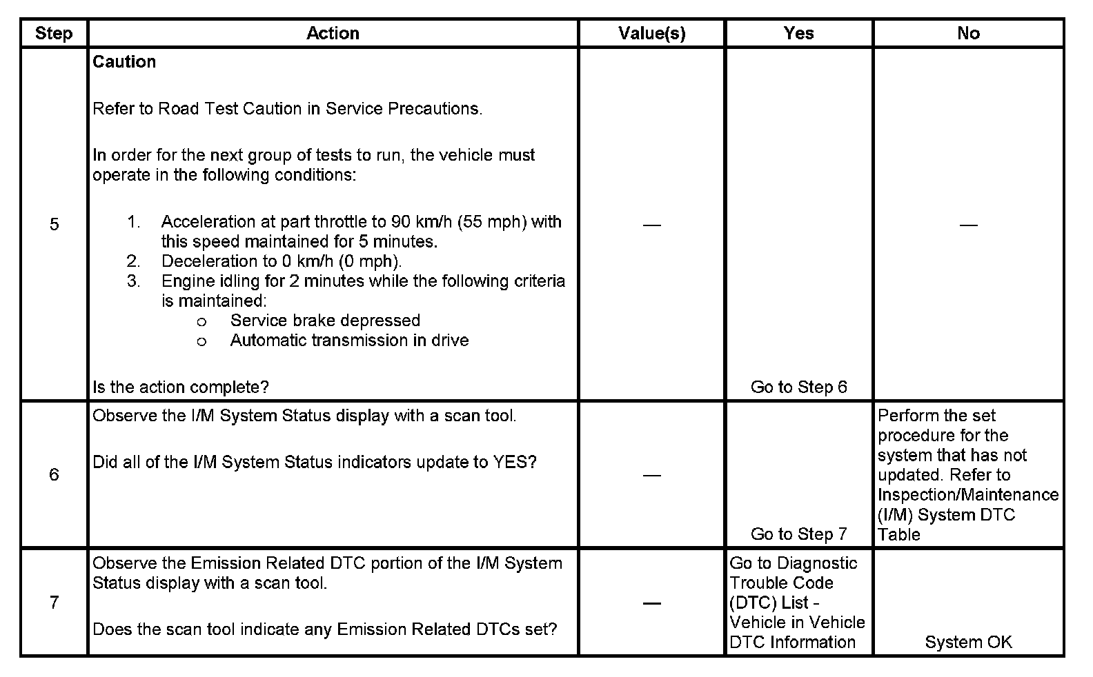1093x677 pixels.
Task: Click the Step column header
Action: [54, 33]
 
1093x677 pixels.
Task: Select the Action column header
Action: [333, 33]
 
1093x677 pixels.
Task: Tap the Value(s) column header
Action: [651, 33]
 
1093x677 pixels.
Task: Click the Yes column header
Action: [798, 33]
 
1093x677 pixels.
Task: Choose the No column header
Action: [968, 33]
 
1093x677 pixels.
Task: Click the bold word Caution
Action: [124, 62]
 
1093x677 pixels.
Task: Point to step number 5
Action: [54, 224]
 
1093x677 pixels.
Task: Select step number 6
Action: [54, 474]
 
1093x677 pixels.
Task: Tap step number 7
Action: [54, 603]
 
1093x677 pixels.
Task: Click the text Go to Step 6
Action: [798, 387]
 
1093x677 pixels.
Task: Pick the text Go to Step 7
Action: [798, 534]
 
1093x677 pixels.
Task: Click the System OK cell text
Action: [968, 643]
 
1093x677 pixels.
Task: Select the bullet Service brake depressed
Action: [325, 321]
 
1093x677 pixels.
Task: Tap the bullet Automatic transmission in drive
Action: [349, 341]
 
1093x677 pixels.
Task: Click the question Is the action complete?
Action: [181, 387]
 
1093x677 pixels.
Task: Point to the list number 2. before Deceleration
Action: [133, 261]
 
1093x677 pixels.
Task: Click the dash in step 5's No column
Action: [968, 225]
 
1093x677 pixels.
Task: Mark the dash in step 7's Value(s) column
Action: [651, 603]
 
